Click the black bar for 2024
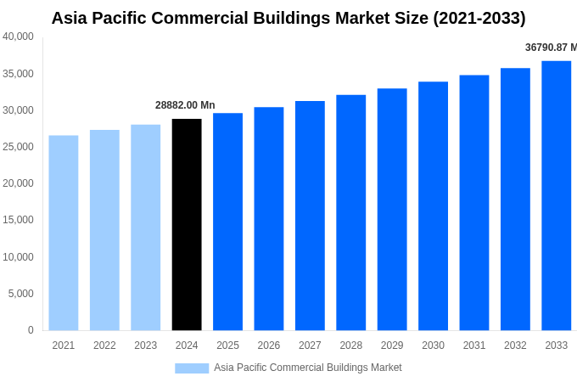coord(187,224)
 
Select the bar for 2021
coord(64,233)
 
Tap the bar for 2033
coord(557,195)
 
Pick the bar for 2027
coord(310,216)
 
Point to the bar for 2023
coord(145,228)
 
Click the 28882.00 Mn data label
coord(185,105)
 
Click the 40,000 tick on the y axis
coord(18,37)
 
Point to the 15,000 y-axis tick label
coord(18,220)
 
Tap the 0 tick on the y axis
coord(31,330)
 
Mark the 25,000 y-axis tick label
coord(18,147)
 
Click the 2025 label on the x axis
coord(227,345)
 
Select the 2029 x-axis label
coord(392,345)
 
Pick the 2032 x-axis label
coord(515,345)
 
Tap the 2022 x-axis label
coord(104,345)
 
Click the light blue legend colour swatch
coord(192,368)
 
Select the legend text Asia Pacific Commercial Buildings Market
coord(308,368)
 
